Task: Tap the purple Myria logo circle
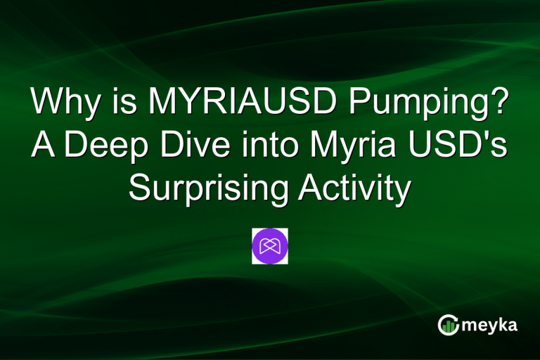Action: (270, 246)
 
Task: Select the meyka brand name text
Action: (490, 325)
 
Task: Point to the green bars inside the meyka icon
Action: (448, 327)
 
